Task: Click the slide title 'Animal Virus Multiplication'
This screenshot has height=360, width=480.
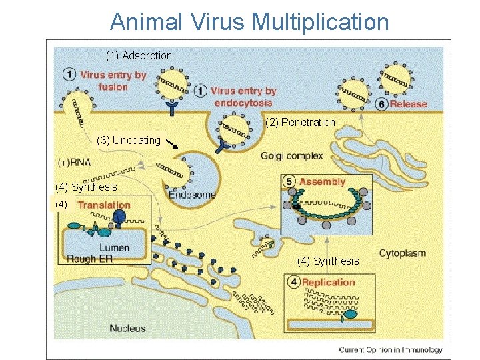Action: (x=249, y=21)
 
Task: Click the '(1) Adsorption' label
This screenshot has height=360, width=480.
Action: (x=139, y=56)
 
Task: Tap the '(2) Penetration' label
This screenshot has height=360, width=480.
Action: (x=300, y=122)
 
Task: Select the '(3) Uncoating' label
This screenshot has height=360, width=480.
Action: (x=128, y=140)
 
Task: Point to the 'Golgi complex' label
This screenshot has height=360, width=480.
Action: (x=292, y=156)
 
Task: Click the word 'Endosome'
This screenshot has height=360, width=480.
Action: (x=193, y=195)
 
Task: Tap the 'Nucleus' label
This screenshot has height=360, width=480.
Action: (x=127, y=328)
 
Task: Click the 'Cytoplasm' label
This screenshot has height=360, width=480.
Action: (x=403, y=253)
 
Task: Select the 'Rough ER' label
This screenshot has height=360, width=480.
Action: (x=90, y=259)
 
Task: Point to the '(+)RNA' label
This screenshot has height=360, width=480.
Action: (x=75, y=162)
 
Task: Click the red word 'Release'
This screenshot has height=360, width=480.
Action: (x=408, y=104)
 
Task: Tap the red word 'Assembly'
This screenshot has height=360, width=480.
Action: (x=323, y=181)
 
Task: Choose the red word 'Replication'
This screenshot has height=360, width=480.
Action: (x=329, y=282)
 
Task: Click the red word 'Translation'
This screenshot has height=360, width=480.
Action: (x=104, y=205)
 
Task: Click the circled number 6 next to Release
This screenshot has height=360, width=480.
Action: (x=382, y=104)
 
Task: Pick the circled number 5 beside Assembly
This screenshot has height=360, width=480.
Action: (x=289, y=181)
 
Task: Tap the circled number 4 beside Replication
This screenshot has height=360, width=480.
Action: (x=294, y=282)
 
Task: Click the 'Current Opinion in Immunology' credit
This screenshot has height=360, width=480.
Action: (x=390, y=349)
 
